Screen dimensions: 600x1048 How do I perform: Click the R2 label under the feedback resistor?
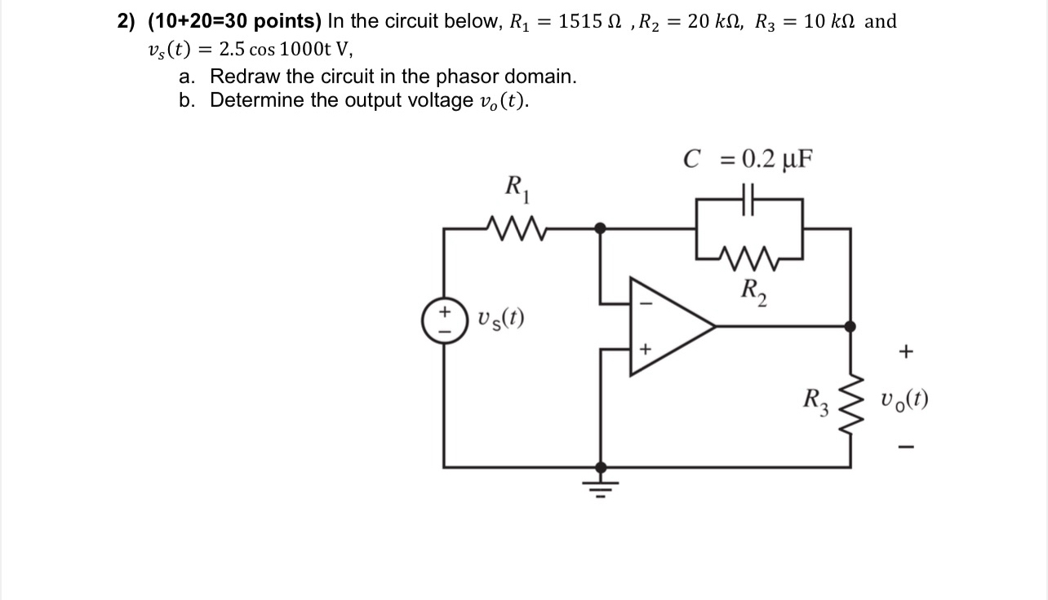point(752,289)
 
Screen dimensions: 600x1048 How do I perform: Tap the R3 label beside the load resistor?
point(817,400)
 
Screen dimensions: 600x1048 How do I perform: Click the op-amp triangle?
point(665,326)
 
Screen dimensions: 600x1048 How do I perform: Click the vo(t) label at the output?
point(904,400)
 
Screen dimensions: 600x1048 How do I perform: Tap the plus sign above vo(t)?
point(904,352)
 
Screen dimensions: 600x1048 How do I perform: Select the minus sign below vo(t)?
point(904,447)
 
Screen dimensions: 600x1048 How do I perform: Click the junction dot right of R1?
point(602,229)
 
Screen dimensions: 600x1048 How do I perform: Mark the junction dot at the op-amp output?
point(850,326)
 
